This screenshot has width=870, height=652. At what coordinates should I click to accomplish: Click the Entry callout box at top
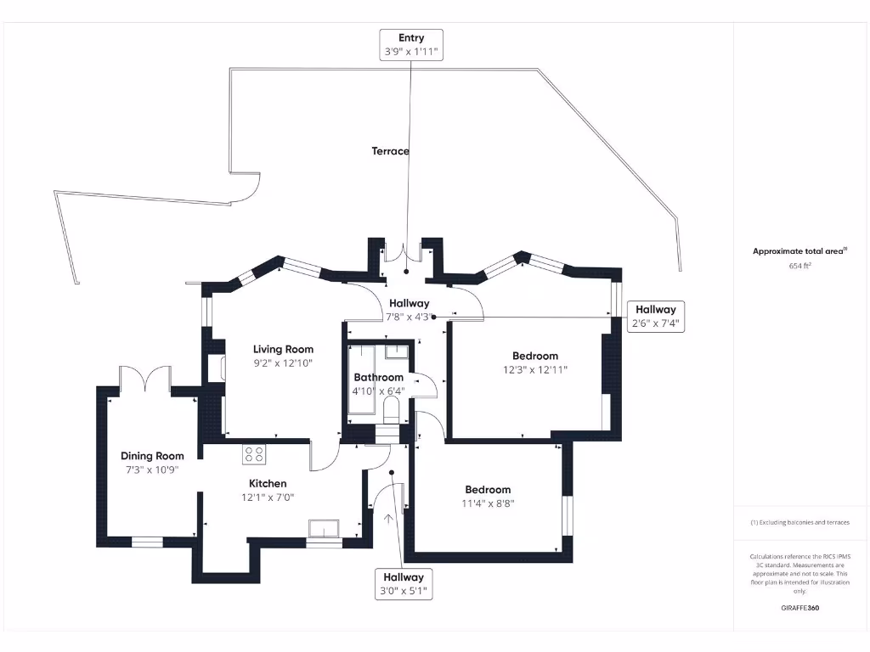(411, 44)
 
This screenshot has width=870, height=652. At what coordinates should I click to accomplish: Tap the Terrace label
(390, 151)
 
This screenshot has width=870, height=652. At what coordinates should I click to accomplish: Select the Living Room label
(283, 349)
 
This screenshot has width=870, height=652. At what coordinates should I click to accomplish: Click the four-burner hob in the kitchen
(254, 453)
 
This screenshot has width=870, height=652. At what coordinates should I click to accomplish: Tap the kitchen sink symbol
(324, 529)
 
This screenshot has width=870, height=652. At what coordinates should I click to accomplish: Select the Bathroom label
(378, 377)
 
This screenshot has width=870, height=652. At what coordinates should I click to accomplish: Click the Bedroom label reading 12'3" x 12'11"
(534, 356)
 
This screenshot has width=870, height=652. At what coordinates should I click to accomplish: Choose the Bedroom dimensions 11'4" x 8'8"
(489, 503)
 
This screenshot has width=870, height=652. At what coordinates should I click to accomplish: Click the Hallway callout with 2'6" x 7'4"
(655, 316)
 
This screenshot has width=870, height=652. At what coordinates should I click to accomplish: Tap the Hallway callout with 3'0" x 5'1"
(403, 583)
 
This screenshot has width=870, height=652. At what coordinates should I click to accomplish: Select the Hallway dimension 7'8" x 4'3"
(409, 317)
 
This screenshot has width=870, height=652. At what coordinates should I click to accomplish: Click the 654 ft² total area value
(800, 266)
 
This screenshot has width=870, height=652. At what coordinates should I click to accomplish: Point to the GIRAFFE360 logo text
(800, 608)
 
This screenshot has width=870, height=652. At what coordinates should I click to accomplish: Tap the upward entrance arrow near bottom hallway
(390, 520)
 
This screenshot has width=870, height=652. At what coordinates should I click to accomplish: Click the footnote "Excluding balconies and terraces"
(800, 522)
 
